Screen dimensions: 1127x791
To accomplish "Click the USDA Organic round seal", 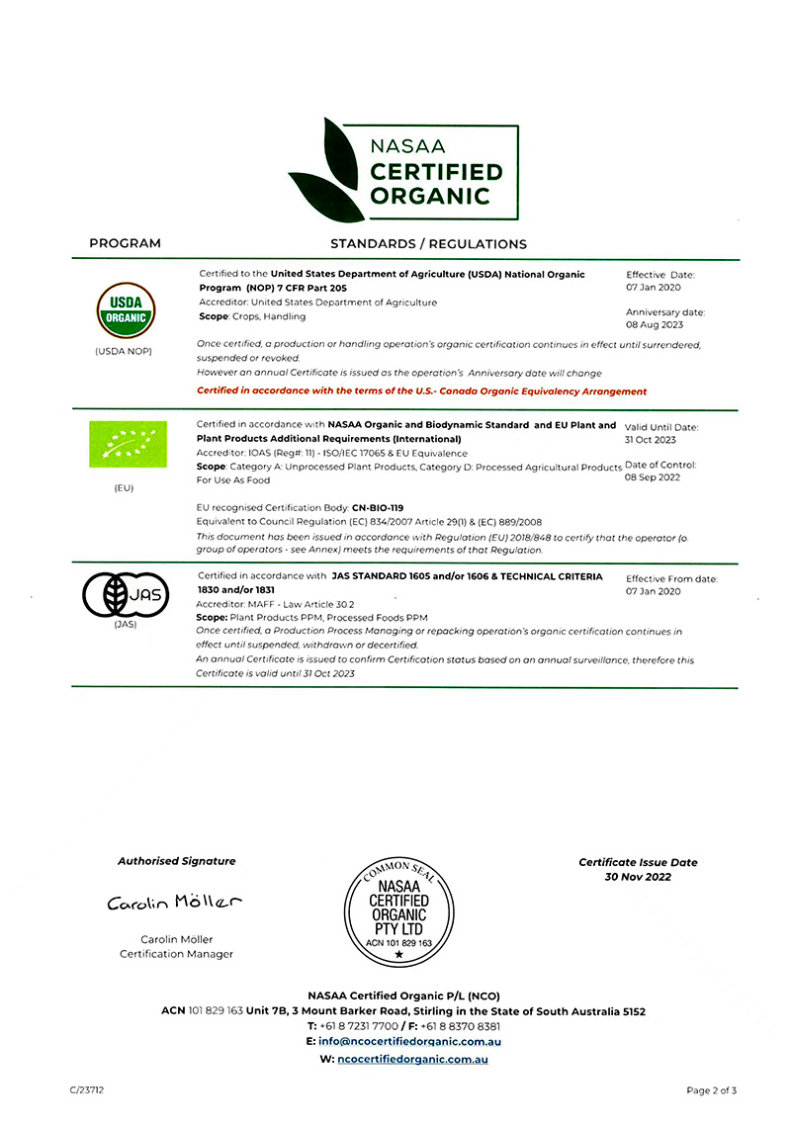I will coord(124,310).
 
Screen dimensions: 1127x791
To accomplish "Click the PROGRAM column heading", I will coord(125,243).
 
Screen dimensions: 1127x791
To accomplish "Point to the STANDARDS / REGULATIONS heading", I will coord(428,243).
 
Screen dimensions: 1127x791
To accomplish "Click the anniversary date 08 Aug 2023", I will coord(654,324).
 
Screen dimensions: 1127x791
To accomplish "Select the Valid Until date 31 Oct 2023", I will coord(651,440).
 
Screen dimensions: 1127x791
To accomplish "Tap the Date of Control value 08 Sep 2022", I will coord(654,477).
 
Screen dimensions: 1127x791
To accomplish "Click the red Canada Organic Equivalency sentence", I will coord(422,391).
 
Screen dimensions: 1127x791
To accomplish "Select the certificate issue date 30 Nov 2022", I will coord(638,876).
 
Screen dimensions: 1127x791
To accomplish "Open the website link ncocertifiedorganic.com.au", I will coord(412,1059).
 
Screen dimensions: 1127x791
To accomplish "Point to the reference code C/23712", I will coord(87,1090).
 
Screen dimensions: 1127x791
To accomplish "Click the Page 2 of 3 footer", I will coord(712,1090).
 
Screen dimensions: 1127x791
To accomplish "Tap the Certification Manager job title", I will coord(176,954).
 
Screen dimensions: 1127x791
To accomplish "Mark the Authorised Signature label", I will coord(176,861).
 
